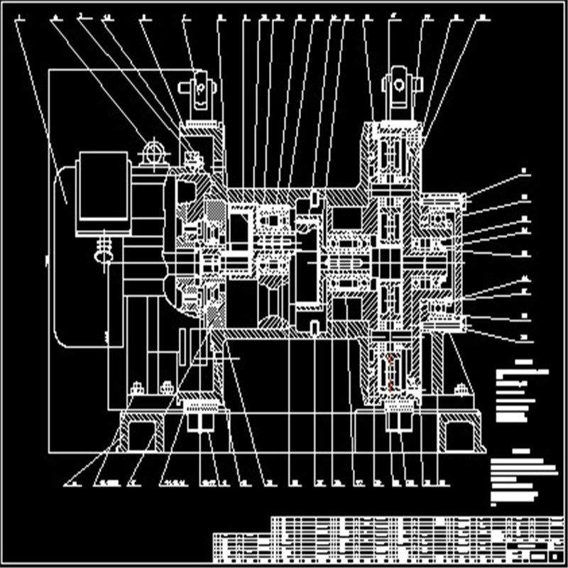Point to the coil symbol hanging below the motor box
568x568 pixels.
click(104, 250)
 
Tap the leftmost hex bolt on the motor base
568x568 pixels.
click(136, 388)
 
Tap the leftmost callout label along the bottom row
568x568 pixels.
click(73, 486)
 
